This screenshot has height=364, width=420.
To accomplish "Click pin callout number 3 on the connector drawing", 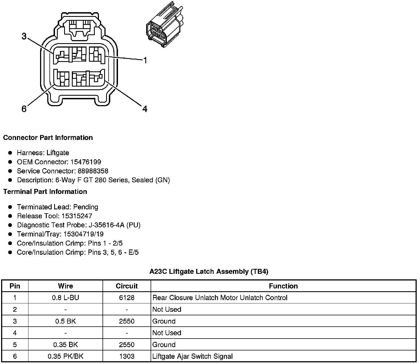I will click(24, 36).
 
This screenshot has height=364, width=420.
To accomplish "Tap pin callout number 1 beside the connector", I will click(145, 60).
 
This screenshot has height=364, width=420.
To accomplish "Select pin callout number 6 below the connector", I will click(24, 109).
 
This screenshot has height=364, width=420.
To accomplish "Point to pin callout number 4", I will click(145, 109).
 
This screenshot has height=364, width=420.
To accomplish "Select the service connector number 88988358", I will click(93, 171).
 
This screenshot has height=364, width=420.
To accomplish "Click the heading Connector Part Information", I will click(48, 137).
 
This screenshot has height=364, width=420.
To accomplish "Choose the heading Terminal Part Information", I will click(45, 191).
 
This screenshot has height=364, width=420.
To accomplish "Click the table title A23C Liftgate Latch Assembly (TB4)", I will click(209, 271).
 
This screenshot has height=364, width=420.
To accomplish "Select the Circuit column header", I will click(127, 286).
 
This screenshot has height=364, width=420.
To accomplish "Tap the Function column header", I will click(283, 286).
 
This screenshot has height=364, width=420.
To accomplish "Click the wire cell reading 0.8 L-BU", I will click(65, 298).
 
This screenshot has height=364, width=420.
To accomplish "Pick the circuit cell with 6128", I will click(127, 298).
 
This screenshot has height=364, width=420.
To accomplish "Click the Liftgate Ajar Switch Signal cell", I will click(193, 356).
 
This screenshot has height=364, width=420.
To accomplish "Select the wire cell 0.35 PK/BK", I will click(65, 356).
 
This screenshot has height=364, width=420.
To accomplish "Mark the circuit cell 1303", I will click(127, 356).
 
